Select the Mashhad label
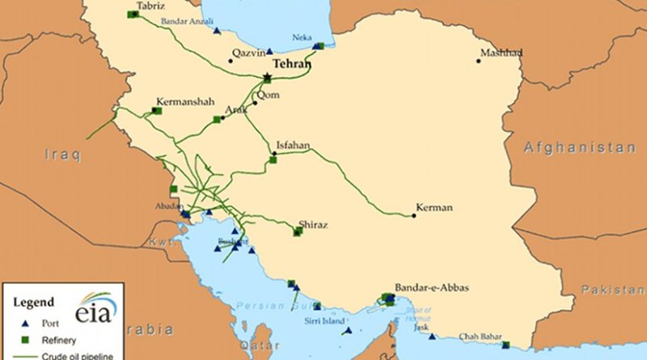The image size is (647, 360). [x=501, y=53]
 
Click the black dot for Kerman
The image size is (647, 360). [x=413, y=216]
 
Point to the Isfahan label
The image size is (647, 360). [x=292, y=146]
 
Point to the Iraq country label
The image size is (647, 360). [x=64, y=155]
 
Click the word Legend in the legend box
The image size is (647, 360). [x=34, y=302]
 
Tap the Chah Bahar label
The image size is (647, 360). [x=480, y=337]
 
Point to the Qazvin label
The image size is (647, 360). [x=247, y=53]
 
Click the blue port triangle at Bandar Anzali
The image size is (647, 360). [x=217, y=32]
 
